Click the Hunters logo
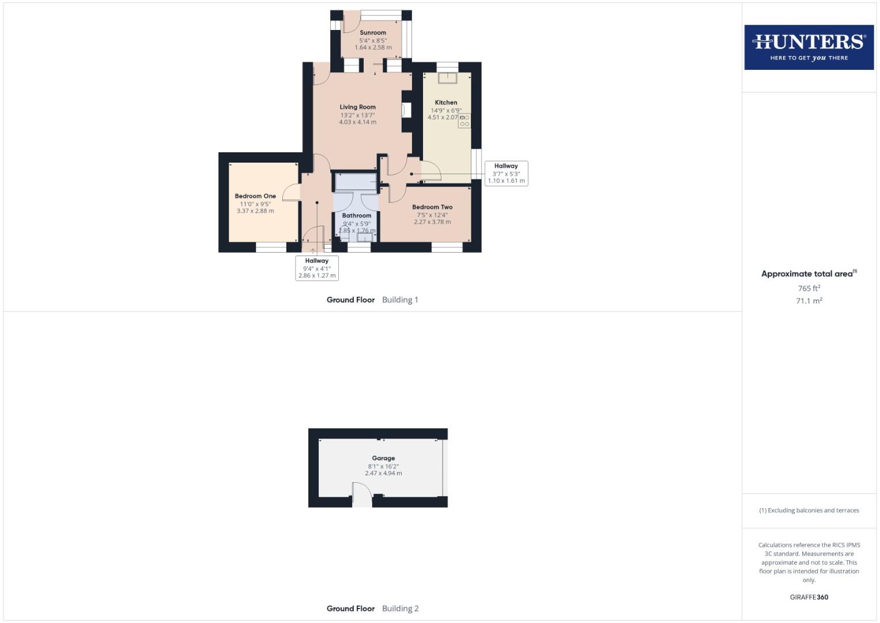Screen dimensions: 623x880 coord(809,47)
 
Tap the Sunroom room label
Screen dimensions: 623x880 coord(373,33)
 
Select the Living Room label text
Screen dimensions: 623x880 coord(357,107)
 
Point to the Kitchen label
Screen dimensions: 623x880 coord(445,103)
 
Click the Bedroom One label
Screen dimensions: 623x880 coord(255,196)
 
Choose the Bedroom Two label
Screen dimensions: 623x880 coord(432,207)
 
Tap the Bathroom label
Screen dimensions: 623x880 coord(357,216)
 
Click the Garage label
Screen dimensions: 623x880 coord(383,458)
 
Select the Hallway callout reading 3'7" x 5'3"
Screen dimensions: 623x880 coord(506,173)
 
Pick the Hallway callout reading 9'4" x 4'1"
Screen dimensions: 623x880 coord(317,268)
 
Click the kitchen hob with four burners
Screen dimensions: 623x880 coord(464,121)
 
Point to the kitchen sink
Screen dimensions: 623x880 coord(447,77)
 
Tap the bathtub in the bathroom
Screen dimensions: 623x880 coord(356,182)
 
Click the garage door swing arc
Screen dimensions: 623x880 coord(362,494)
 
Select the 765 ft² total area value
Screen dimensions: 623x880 coord(809,288)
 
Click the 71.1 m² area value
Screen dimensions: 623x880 coord(809,301)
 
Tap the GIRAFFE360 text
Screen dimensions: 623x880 coord(809,597)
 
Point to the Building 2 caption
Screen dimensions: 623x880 coord(400,609)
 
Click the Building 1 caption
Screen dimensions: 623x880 coord(400,300)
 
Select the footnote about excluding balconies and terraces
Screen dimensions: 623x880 coord(809,511)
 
